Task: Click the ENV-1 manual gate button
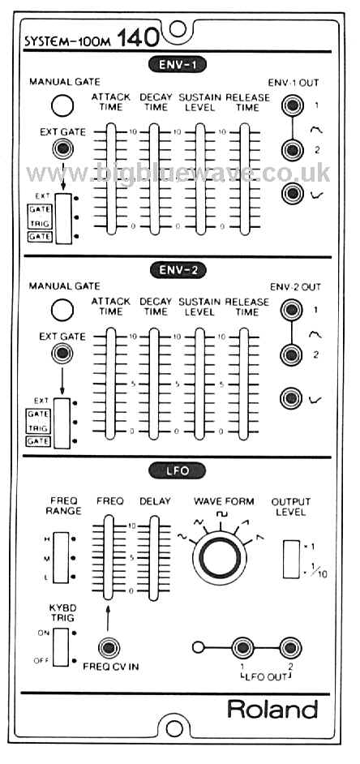62,105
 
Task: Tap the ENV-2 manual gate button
62,310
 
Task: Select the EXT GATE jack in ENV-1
63,148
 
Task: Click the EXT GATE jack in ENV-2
63,354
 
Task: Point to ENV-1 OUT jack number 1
291,105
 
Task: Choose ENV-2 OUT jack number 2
291,354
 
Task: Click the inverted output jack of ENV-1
291,194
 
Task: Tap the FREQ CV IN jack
108,648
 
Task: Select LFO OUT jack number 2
289,648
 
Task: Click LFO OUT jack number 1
242,648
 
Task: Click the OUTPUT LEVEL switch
291,559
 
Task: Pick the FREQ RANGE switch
62,557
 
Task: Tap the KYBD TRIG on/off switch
61,646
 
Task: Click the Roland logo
272,710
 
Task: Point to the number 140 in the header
137,38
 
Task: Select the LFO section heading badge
178,470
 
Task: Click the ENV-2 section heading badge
178,269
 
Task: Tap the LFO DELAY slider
154,558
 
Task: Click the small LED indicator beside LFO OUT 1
197,648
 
